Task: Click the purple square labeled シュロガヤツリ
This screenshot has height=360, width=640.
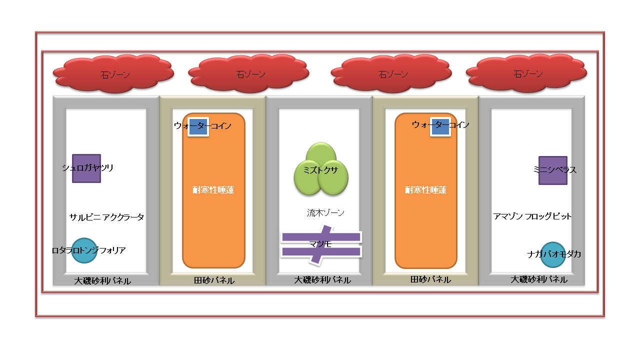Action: (x=86, y=168)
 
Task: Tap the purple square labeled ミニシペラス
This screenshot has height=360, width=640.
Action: (x=552, y=170)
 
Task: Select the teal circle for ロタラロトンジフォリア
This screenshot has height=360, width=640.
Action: (x=84, y=250)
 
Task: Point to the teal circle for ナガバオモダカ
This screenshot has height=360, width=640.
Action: (x=552, y=254)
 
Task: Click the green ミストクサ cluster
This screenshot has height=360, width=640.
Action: (x=321, y=170)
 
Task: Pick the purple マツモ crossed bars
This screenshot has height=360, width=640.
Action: (x=320, y=244)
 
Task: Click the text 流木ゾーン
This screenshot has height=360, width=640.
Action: (x=325, y=213)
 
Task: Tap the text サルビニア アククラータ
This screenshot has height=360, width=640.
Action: (x=106, y=217)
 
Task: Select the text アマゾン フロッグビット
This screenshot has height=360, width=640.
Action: (x=532, y=216)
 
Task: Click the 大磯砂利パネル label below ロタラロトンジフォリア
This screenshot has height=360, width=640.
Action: (x=102, y=281)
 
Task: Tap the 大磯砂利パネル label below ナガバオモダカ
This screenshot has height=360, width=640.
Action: (x=539, y=279)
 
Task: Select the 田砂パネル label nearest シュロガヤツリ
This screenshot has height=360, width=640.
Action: (x=214, y=280)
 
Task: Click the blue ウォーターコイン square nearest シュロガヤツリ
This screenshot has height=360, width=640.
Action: (x=198, y=126)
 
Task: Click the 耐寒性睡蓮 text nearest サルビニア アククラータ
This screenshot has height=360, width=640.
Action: (x=213, y=190)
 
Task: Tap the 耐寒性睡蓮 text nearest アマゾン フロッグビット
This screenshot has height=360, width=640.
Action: (x=425, y=190)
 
